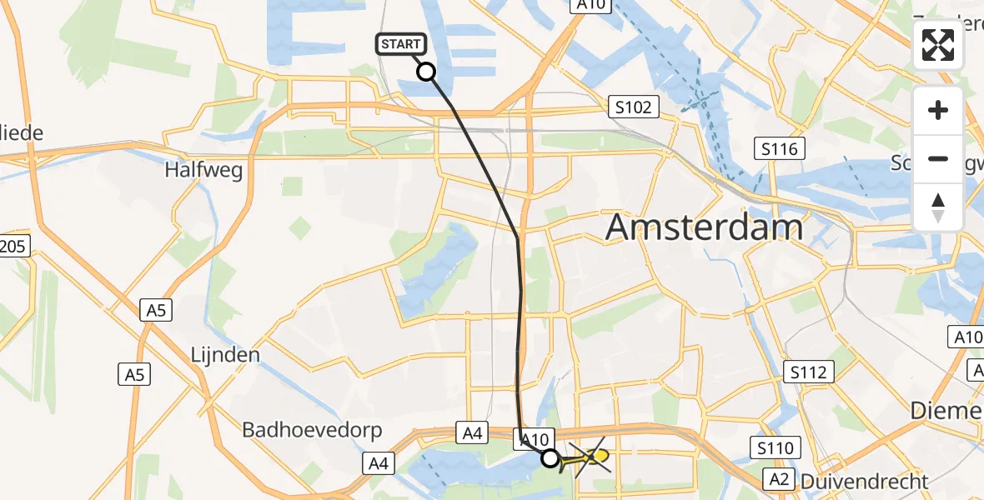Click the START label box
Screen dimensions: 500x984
pyautogui.click(x=402, y=44)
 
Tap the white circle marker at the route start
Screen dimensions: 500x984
pyautogui.click(x=426, y=72)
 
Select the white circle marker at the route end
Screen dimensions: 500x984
pyautogui.click(x=550, y=457)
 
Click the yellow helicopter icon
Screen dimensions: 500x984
pyautogui.click(x=595, y=457)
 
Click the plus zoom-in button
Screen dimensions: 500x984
pyautogui.click(x=938, y=110)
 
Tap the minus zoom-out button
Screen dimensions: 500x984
pyautogui.click(x=938, y=158)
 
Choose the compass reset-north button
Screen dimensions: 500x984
pyautogui.click(x=938, y=207)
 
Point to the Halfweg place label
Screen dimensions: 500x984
pyautogui.click(x=203, y=170)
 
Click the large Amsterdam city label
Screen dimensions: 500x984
pyautogui.click(x=705, y=226)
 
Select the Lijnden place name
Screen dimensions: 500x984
pyautogui.click(x=224, y=354)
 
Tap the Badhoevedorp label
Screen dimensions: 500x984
pyautogui.click(x=312, y=430)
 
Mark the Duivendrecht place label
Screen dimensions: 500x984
pyautogui.click(x=863, y=481)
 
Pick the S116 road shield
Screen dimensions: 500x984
pyautogui.click(x=780, y=149)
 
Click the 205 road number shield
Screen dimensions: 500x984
pyautogui.click(x=15, y=246)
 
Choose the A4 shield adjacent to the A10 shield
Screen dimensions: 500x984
pyautogui.click(x=472, y=432)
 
